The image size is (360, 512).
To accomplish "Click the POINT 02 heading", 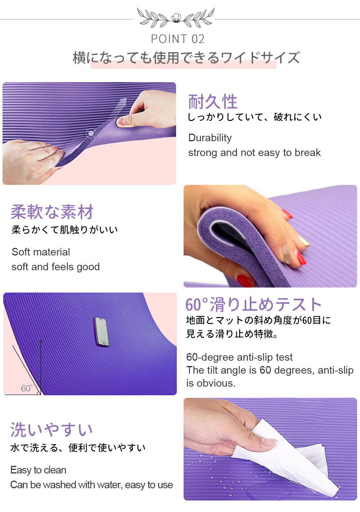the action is [x=178, y=39].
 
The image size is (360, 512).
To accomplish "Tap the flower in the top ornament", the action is [x=176, y=17].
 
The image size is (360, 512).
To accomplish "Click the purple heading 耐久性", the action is [x=213, y=102].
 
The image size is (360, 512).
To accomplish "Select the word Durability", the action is [x=210, y=138].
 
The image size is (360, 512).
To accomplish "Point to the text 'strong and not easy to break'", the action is [x=255, y=153].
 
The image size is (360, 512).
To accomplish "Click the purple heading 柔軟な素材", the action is [x=52, y=212].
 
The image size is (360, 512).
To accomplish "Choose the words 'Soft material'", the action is [x=41, y=252].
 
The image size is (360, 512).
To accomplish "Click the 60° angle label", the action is [x=27, y=388].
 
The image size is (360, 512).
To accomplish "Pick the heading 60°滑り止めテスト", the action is [x=253, y=304].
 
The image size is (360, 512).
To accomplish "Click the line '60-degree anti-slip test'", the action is [x=239, y=357].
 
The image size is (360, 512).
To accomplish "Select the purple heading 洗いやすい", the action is [x=51, y=430].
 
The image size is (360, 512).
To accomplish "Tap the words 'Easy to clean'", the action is [x=39, y=470].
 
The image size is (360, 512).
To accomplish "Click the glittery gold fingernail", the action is [x=287, y=254].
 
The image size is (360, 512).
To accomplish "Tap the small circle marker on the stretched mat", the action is [x=90, y=133].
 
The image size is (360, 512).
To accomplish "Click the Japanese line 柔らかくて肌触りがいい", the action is [x=65, y=230].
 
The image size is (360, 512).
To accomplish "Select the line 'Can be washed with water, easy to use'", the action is [x=91, y=485].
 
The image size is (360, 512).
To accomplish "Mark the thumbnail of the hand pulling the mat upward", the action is [x=123, y=121].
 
